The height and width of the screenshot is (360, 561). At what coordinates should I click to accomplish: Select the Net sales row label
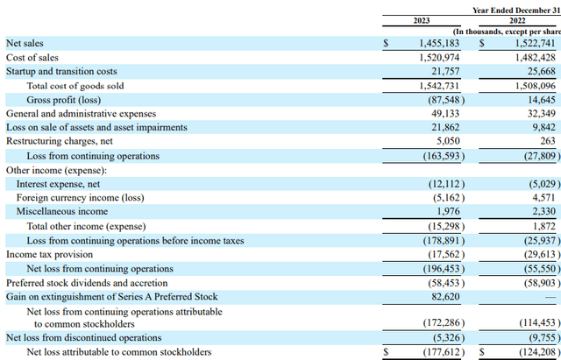click(25, 42)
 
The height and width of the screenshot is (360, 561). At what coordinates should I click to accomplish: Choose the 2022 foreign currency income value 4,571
click(542, 197)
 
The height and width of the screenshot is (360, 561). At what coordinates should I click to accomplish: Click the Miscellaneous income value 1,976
click(449, 211)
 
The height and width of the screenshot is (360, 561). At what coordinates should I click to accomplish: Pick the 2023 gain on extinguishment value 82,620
click(445, 297)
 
